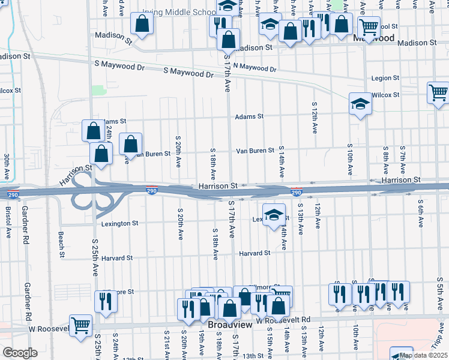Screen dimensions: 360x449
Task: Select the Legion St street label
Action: coord(385,78)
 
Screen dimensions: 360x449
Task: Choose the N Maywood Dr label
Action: coord(255,68)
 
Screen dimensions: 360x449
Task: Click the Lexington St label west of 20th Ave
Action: coord(119,223)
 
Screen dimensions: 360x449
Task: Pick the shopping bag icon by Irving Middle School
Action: coord(142,24)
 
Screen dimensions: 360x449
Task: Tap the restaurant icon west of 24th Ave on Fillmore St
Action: coord(106,301)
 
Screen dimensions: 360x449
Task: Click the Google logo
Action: coord(20,353)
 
